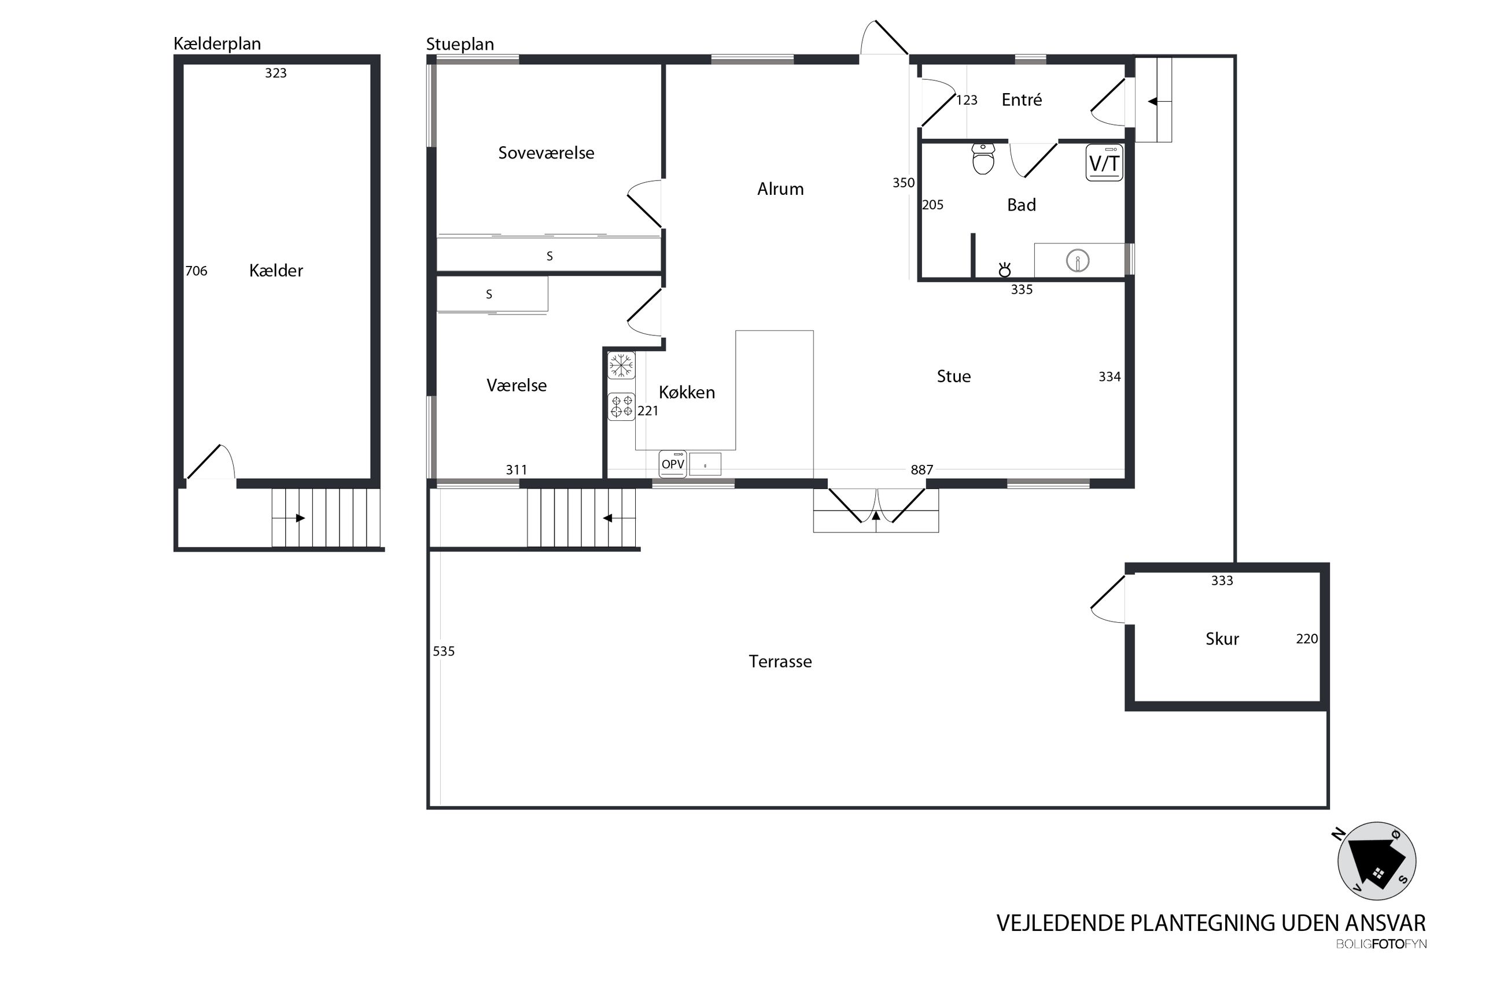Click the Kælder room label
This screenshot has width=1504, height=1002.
275,271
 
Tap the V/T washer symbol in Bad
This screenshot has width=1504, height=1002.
1104,163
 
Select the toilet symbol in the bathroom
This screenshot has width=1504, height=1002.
983,158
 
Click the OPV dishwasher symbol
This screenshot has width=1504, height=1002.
672,464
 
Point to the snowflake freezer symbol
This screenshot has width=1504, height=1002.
621,365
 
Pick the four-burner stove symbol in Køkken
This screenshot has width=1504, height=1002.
621,406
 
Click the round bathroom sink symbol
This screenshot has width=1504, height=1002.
1078,261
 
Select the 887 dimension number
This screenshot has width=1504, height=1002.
921,469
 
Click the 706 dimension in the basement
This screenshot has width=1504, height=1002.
196,271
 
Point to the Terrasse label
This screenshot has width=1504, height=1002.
780,661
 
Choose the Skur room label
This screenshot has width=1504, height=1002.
1222,639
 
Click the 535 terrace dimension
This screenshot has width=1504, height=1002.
444,651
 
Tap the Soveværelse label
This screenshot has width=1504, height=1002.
546,153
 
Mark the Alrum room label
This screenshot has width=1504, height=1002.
780,189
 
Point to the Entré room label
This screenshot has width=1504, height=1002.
1022,99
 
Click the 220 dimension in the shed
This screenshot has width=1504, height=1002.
1307,638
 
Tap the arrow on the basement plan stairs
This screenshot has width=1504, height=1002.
300,518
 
